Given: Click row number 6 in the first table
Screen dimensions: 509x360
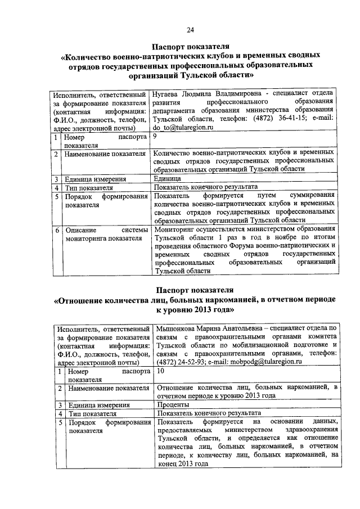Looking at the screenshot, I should click(56, 231).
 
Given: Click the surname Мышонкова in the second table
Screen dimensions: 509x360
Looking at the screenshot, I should click(177, 328).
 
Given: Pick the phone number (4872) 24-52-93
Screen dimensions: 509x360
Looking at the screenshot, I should click(177, 363).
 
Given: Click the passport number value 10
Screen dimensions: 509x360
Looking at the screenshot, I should click(161, 372).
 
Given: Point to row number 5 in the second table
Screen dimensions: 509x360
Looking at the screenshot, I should click(60, 422).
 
